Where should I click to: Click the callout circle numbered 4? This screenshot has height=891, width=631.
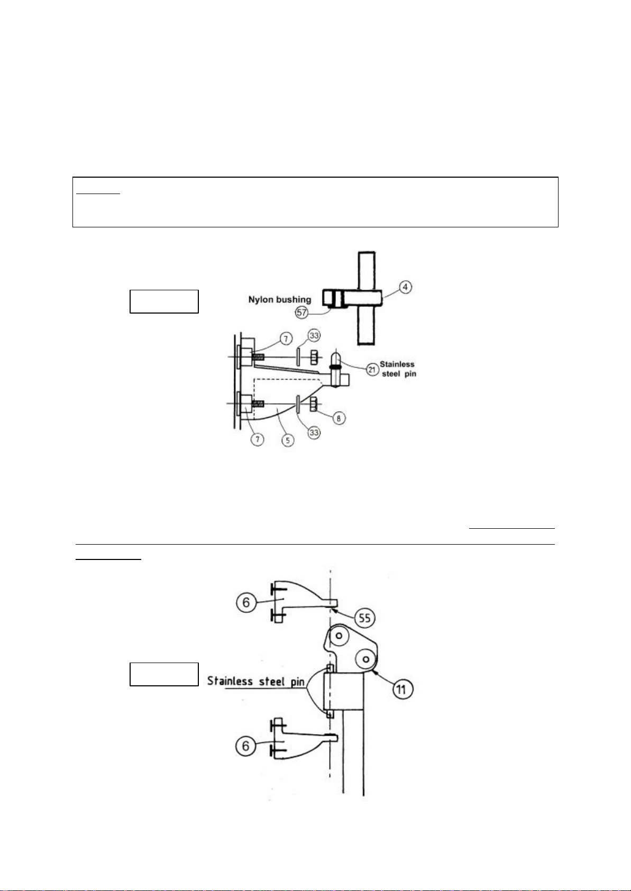405,287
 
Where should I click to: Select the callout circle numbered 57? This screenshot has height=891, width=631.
301,313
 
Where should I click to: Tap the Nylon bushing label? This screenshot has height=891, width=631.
280,299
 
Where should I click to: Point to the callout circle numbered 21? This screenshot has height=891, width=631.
372,370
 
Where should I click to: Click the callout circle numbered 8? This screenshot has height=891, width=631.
339,418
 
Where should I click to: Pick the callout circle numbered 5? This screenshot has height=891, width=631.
288,440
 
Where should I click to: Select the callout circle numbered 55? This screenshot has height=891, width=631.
364,618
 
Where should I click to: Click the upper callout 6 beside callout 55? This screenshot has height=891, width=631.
246,603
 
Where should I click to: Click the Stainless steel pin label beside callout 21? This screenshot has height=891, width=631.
398,369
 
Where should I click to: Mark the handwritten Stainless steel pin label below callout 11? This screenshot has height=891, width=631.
256,681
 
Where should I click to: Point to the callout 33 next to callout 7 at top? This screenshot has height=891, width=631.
314,335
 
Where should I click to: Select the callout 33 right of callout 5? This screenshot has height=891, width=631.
314,432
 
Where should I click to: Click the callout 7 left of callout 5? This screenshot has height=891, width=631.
258,439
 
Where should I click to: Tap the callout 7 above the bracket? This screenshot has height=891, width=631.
286,339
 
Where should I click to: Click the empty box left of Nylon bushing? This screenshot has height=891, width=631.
164,301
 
